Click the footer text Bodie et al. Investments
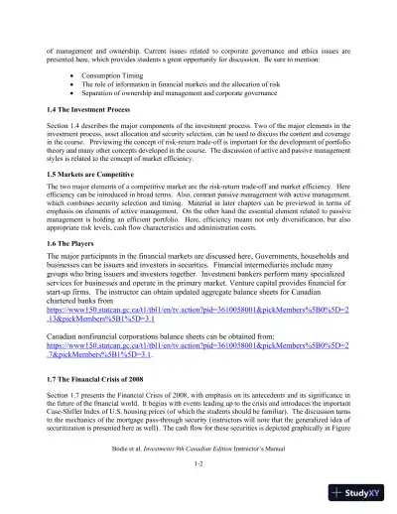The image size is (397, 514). tap(198, 452)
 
